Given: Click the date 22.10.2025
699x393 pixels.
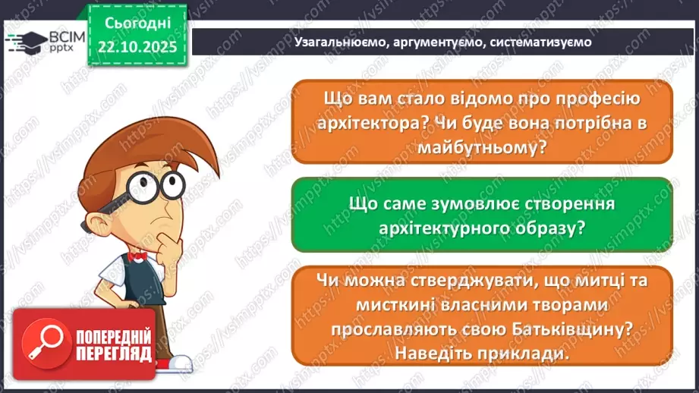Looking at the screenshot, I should click(137, 47).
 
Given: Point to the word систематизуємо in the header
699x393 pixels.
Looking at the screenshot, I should click(540, 42).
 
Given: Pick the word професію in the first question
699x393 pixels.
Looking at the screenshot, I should click(593, 99).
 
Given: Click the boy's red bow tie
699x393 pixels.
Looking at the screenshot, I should click(138, 256).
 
